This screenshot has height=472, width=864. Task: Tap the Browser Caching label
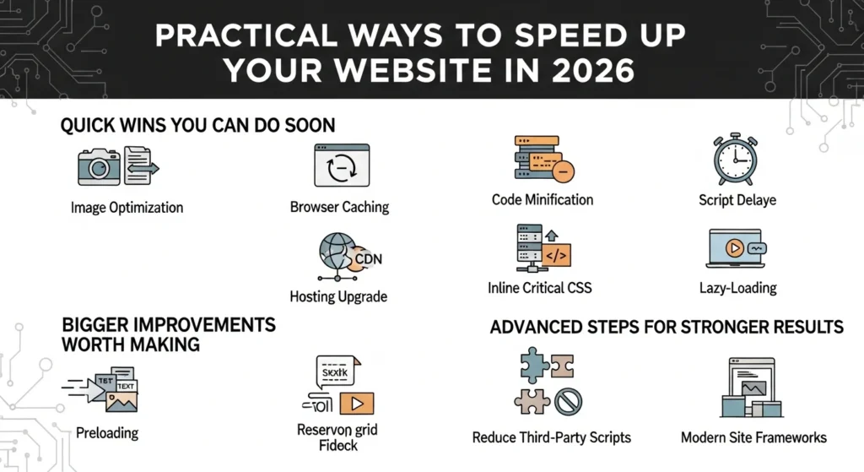[x=339, y=207]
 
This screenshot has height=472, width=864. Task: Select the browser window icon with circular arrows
[x=342, y=165]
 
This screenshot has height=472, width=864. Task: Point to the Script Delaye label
[x=737, y=201]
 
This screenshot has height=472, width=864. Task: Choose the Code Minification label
[x=542, y=200]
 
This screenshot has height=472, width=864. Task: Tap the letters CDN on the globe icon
[x=369, y=258]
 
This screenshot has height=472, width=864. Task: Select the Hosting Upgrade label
[x=337, y=296]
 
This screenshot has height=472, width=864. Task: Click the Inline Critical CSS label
[x=539, y=288]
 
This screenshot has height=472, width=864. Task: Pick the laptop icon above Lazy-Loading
[x=737, y=249]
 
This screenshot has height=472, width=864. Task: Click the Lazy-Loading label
[x=737, y=288]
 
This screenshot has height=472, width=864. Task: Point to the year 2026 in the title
[x=590, y=70]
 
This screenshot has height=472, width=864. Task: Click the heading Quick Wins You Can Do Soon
[x=197, y=126]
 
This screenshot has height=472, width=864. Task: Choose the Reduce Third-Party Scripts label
[x=551, y=437]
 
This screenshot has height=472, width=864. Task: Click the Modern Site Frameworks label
[x=753, y=437]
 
